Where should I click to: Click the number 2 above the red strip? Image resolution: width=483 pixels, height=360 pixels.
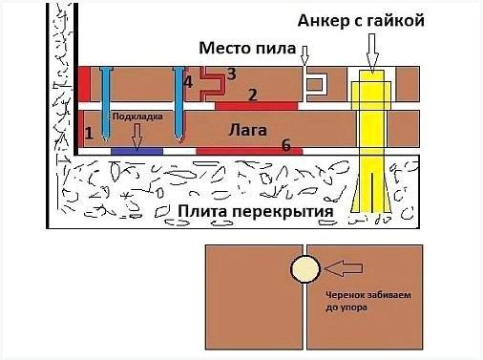tap(251, 93)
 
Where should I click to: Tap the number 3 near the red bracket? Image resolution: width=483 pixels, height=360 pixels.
tap(231, 73)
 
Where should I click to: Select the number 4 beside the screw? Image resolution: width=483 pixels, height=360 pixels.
tap(187, 82)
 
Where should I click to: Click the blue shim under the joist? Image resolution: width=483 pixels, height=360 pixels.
tap(136, 151)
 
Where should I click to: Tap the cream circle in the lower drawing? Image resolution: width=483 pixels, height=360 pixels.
tap(305, 270)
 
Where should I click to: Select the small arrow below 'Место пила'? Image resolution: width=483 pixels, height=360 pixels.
tap(306, 58)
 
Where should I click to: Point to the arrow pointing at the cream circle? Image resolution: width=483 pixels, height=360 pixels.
tap(338, 270)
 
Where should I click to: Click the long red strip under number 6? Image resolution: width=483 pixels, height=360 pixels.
tap(248, 151)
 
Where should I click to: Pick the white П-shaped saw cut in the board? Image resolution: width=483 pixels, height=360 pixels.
tap(316, 85)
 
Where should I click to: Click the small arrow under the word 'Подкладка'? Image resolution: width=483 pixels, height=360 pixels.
tap(136, 136)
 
